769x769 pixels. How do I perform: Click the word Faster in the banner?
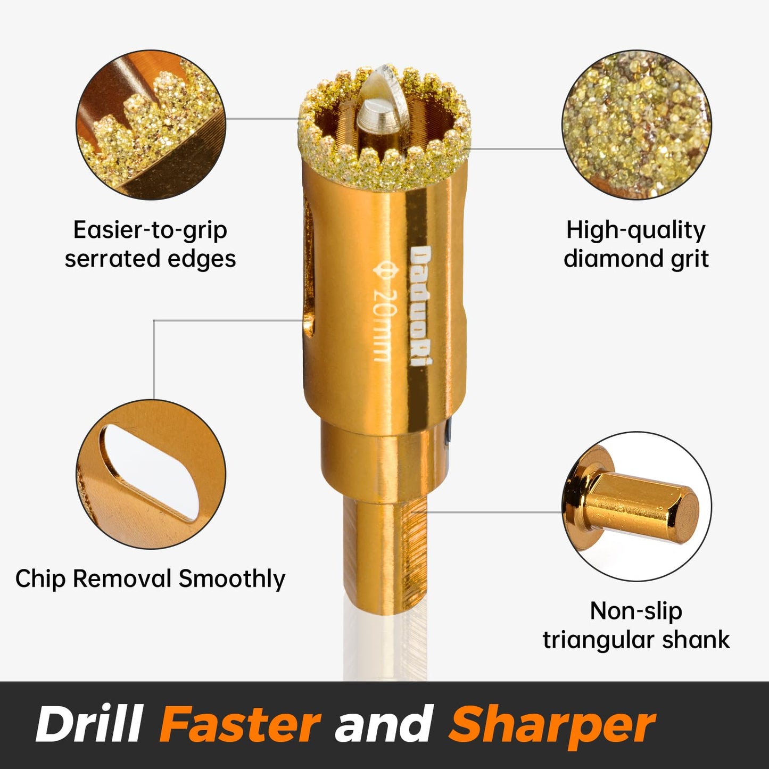click(240, 724)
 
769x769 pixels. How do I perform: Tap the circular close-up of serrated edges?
click(151, 126)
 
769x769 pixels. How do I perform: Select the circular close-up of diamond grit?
click(636, 125)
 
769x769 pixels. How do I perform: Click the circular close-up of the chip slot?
click(151, 474)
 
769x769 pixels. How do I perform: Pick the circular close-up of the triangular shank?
click(636, 506)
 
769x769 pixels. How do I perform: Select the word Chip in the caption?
click(40, 578)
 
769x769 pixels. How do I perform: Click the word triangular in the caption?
click(598, 640)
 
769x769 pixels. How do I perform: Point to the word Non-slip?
click(636, 611)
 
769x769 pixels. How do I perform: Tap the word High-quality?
click(636, 230)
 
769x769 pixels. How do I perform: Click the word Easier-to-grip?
click(150, 230)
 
